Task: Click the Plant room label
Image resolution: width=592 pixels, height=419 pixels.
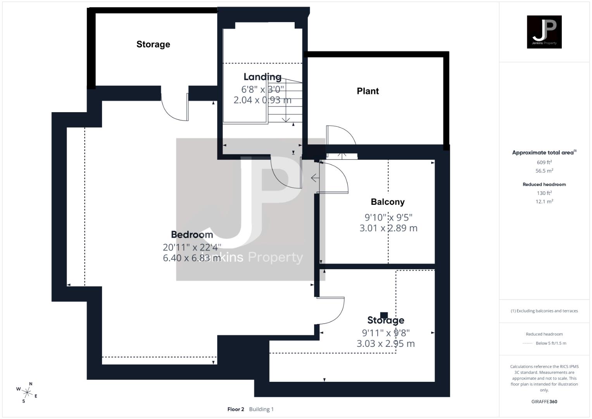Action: pos(368,91)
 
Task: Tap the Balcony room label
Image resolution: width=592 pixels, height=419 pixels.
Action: pos(387,202)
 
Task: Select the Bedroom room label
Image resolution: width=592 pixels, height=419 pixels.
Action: pos(192,235)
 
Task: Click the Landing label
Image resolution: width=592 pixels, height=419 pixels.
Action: pos(262,77)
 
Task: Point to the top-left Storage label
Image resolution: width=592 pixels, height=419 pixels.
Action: pos(153,44)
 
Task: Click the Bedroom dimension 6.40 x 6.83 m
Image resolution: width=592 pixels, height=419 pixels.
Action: pos(192,258)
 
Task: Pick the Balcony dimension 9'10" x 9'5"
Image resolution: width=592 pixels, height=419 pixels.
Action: pos(388,217)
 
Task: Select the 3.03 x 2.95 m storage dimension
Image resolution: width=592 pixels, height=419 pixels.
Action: pos(386,343)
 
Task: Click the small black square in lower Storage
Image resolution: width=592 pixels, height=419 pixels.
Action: pos(384,315)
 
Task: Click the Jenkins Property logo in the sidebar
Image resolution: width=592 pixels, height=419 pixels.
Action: pos(544,32)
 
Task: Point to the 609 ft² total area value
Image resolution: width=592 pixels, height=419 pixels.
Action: pos(544,163)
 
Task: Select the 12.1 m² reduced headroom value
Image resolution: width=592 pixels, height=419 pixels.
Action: pos(544,201)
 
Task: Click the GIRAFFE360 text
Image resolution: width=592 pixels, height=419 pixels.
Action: pos(544,402)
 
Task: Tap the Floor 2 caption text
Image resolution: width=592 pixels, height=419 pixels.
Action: pos(236,409)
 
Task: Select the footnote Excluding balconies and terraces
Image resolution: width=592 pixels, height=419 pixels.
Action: pos(544,311)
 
